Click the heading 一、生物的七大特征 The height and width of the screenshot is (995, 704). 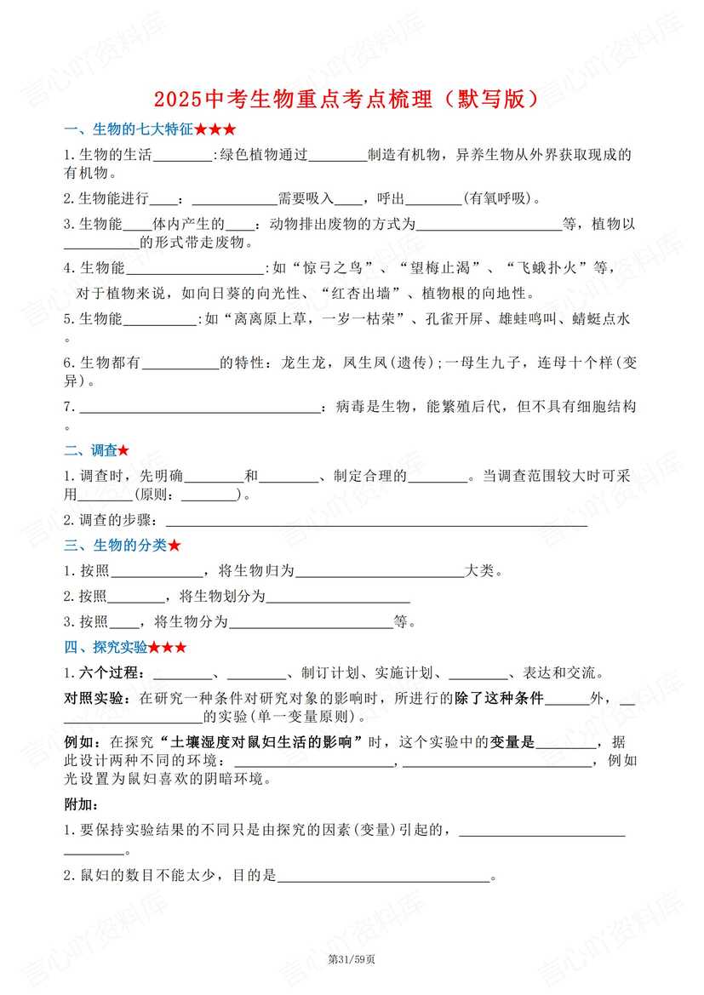click(149, 130)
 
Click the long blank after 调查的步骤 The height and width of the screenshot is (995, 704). click(375, 521)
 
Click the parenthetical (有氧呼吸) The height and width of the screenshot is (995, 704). click(501, 199)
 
